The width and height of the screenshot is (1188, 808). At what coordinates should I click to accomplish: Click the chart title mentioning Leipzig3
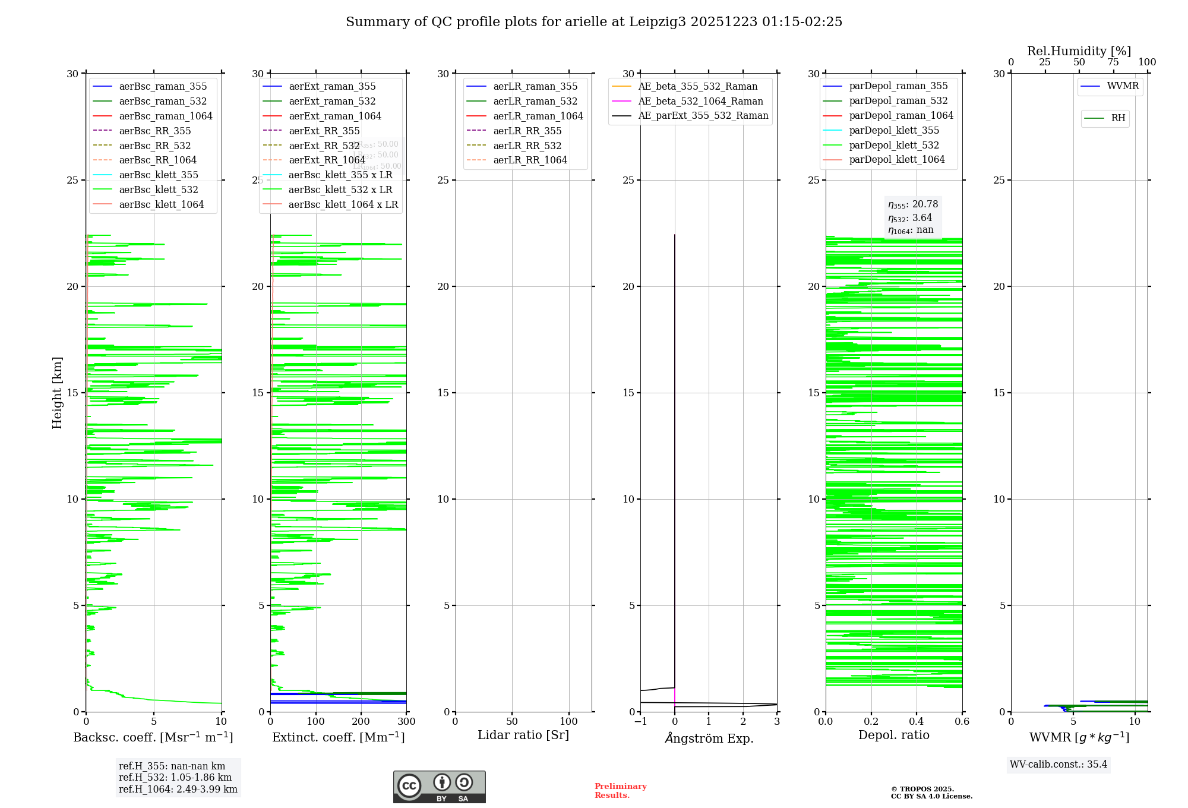point(594,22)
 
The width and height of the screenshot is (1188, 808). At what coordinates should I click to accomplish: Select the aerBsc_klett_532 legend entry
point(158,190)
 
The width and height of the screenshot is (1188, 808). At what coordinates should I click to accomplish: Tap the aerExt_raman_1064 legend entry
point(335,116)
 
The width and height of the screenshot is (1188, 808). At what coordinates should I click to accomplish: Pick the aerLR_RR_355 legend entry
point(527,131)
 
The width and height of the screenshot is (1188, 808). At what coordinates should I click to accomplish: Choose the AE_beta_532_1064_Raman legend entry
point(700,101)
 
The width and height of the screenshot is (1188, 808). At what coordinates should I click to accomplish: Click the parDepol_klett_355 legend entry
point(894,130)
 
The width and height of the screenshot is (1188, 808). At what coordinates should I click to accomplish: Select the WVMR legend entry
point(1123,86)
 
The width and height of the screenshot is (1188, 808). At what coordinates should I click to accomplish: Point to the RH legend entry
point(1118,118)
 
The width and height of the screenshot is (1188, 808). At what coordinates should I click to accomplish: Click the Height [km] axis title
point(57,393)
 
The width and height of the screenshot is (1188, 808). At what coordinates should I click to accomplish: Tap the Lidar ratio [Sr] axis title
point(523,735)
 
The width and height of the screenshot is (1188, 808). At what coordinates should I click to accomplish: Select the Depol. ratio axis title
point(893,735)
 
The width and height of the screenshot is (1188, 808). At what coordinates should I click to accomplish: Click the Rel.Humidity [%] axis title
point(1079,51)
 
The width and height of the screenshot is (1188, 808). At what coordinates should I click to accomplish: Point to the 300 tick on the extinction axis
point(406,721)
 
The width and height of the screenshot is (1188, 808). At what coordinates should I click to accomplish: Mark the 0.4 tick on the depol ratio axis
point(917,721)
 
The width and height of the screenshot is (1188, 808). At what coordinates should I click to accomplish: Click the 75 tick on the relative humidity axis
point(1113,62)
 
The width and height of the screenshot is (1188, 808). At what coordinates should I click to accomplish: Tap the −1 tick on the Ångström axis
point(640,721)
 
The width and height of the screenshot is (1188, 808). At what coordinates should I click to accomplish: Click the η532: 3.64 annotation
point(910,217)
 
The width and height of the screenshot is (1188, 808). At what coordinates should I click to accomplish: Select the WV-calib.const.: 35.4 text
point(1059,764)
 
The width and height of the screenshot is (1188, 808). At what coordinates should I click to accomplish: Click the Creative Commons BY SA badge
point(439,787)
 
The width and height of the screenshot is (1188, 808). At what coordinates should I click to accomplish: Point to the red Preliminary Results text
point(620,790)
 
